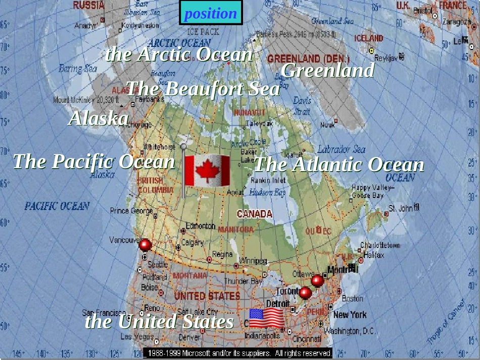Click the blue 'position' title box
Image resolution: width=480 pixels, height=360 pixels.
pyautogui.click(x=211, y=13)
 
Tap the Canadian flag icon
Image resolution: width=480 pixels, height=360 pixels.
pyautogui.click(x=207, y=171)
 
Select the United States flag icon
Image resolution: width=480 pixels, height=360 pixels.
pyautogui.click(x=266, y=318)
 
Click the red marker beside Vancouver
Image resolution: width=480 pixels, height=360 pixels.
pyautogui.click(x=145, y=245)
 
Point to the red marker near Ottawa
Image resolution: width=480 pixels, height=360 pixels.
pyautogui.click(x=317, y=280)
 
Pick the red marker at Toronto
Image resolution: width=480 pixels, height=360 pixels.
pyautogui.click(x=305, y=292)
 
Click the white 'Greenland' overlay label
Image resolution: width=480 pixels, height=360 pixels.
pyautogui.click(x=327, y=70)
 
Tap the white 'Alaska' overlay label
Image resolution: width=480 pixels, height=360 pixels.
pyautogui.click(x=99, y=119)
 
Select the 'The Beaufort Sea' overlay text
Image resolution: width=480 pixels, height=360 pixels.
pyautogui.click(x=203, y=89)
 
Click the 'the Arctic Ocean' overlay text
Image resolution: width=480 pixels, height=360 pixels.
pyautogui.click(x=178, y=55)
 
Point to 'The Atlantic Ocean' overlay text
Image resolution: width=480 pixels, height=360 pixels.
pyautogui.click(x=339, y=165)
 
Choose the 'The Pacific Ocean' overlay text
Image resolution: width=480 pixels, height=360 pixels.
pyautogui.click(x=93, y=162)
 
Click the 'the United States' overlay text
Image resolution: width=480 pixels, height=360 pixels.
pyautogui.click(x=159, y=321)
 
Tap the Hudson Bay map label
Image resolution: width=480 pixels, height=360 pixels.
pyautogui.click(x=268, y=192)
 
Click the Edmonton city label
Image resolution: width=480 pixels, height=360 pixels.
pyautogui.click(x=201, y=226)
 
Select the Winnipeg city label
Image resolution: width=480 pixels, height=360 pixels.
pyautogui.click(x=253, y=261)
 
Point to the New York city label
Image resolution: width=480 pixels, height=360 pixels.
pyautogui.click(x=350, y=315)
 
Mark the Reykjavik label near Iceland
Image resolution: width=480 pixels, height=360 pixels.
pyautogui.click(x=387, y=58)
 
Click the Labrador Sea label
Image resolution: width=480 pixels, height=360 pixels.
pyautogui.click(x=341, y=149)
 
